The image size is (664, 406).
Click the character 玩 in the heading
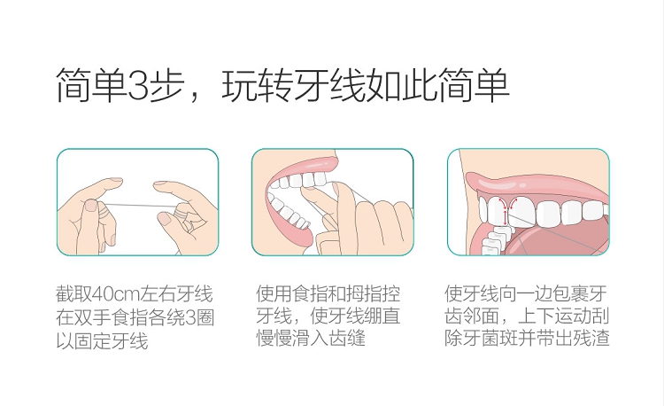click(239, 85)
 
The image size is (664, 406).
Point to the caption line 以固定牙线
click(102, 340)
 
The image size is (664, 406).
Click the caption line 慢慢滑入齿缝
click(311, 338)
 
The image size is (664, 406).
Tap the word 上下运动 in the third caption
click(554, 316)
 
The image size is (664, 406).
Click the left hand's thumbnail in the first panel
click(91, 206)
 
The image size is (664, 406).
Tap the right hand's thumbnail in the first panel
click(164, 218)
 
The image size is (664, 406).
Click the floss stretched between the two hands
click(139, 206)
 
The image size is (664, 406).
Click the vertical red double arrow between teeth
click(505, 215)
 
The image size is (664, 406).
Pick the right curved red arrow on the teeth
click(513, 203)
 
